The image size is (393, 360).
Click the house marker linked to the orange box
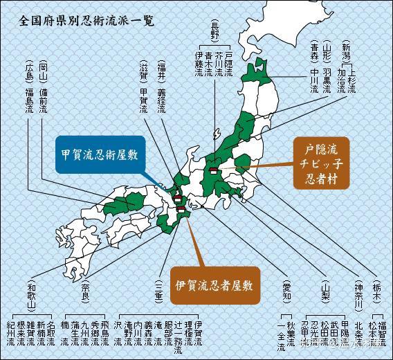(214, 169)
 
